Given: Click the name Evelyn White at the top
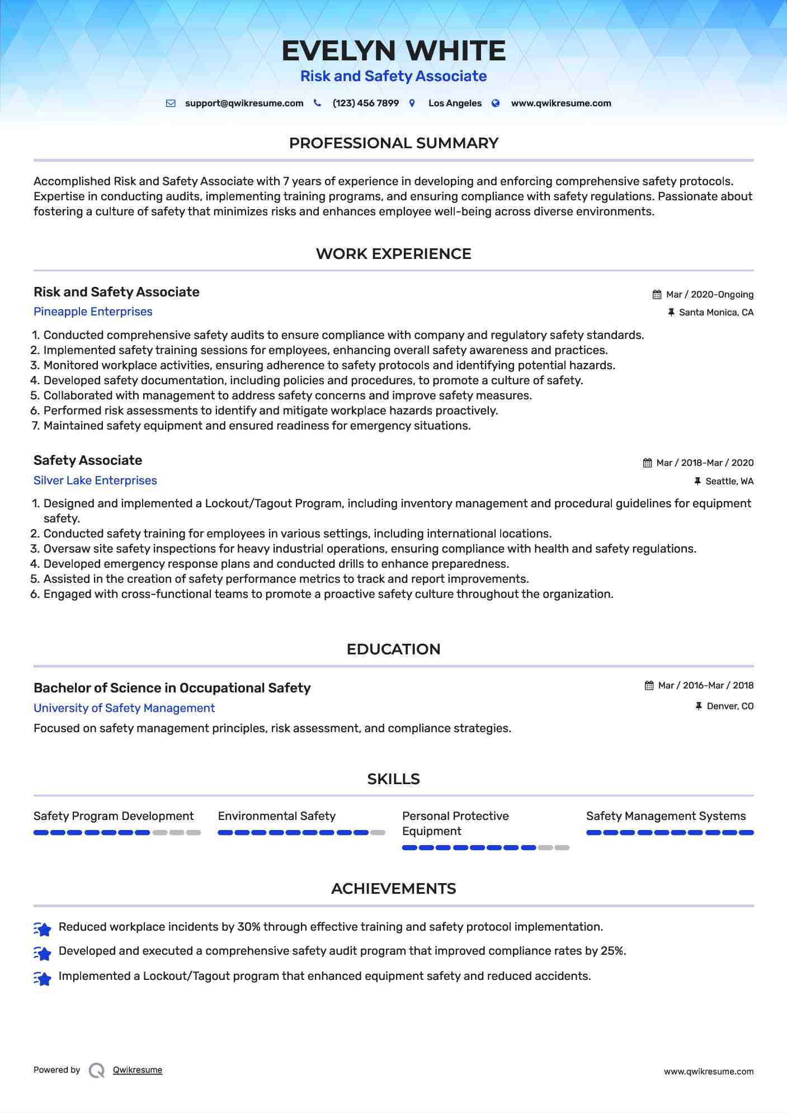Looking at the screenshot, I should click(x=393, y=51).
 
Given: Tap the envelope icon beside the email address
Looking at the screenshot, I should click(x=171, y=103).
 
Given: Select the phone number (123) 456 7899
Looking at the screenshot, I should click(x=365, y=103).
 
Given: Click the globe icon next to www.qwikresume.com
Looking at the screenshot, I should click(x=496, y=103).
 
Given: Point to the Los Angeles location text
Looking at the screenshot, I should click(x=455, y=103).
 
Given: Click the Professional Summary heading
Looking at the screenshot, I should click(x=393, y=143).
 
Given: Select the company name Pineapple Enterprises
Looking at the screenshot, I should click(x=93, y=312).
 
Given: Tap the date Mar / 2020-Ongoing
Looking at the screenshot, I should click(x=709, y=295).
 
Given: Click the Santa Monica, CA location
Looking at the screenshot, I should click(x=716, y=313).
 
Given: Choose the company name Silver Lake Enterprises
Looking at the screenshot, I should click(x=95, y=480).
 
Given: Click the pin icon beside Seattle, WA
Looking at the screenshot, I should click(x=698, y=481).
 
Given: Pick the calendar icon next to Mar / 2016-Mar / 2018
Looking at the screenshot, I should click(x=649, y=686).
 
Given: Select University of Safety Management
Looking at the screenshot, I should click(x=124, y=708).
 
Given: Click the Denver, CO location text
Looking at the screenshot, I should click(x=730, y=706).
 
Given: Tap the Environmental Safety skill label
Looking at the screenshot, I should click(x=277, y=816).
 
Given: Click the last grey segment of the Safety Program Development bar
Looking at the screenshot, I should click(x=194, y=833).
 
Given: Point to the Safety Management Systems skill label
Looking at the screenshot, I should click(x=666, y=816).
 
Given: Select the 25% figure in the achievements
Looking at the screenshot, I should click(x=613, y=951).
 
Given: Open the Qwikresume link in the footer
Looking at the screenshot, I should click(x=138, y=1070).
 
